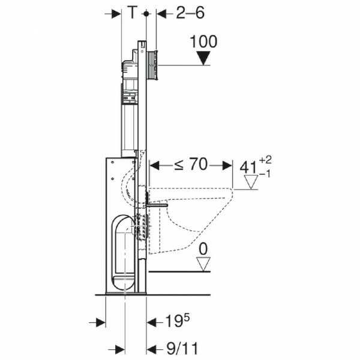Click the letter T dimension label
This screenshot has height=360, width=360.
pyautogui.click(x=133, y=12)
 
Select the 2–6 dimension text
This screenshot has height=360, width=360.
pyautogui.click(x=190, y=13)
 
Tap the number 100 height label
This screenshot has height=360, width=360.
pyautogui.click(x=203, y=41)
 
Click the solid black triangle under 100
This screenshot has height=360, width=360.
pyautogui.click(x=204, y=58)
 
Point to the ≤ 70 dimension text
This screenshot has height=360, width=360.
pyautogui.click(x=191, y=164)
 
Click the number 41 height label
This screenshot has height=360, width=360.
pyautogui.click(x=248, y=167)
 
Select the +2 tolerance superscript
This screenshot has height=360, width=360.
pyautogui.click(x=266, y=160)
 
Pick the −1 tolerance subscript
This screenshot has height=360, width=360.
pyautogui.click(x=265, y=174)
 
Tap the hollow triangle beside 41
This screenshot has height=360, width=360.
pyautogui.click(x=251, y=182)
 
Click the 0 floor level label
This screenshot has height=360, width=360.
pyautogui.click(x=203, y=249)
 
